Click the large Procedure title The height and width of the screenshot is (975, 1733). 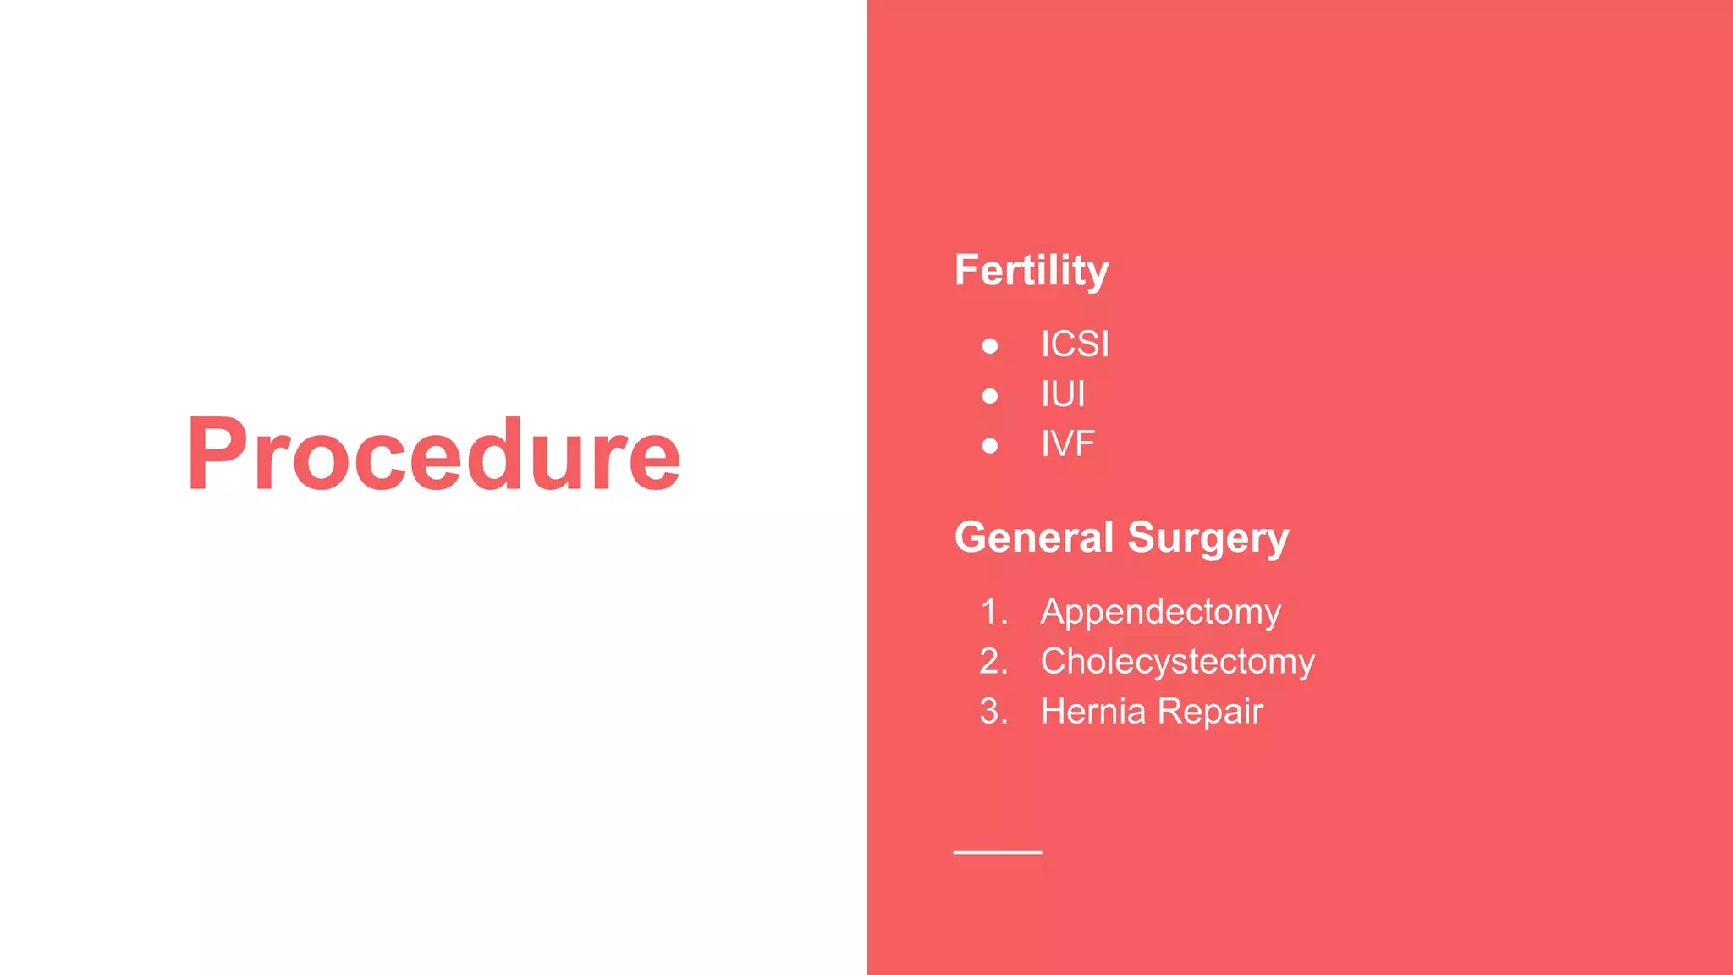(433, 454)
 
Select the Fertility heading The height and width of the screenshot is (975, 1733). (1031, 271)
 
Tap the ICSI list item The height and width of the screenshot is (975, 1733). (1075, 344)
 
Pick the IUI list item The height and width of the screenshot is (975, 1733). (1063, 394)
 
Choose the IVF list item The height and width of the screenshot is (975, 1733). (1068, 444)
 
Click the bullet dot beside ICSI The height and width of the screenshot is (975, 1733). (990, 346)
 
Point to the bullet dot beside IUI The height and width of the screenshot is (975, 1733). (990, 396)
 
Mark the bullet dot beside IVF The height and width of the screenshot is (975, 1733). (990, 446)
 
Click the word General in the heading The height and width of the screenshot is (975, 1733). (1033, 537)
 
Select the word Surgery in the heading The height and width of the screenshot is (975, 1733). (1208, 539)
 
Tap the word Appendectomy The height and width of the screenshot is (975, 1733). (1160, 612)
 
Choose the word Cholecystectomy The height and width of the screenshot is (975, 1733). (1177, 662)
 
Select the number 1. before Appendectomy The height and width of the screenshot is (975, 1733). (994, 612)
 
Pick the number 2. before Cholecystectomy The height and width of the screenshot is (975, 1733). (994, 662)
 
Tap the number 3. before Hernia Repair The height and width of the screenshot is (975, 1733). (994, 712)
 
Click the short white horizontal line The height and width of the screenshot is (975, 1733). (997, 852)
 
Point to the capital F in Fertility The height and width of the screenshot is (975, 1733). (968, 270)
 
